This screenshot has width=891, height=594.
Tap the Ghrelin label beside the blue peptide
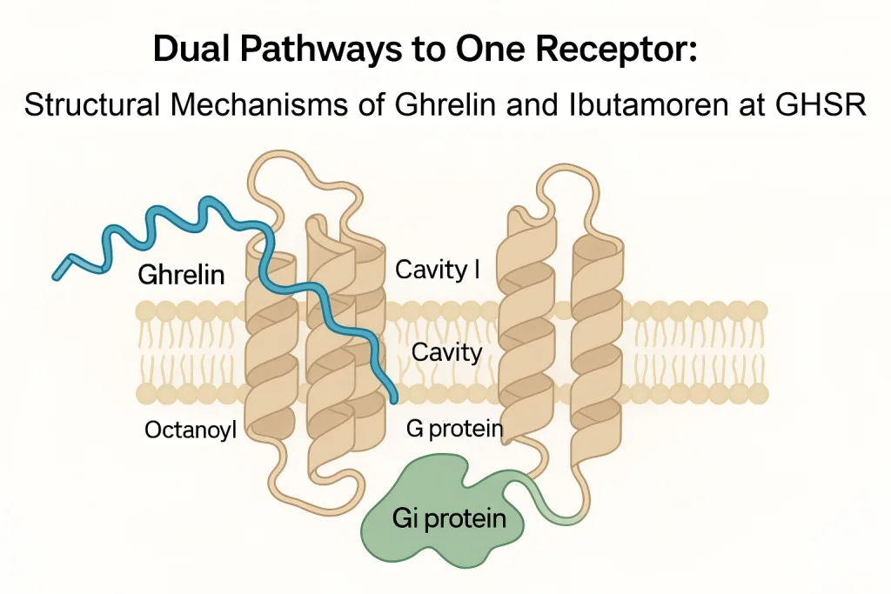[x=181, y=276]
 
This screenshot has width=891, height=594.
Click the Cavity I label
[x=438, y=270]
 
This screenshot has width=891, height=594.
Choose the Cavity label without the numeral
[x=446, y=352]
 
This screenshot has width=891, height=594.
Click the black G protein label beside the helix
[x=455, y=429]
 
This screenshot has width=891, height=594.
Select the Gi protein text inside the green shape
[x=448, y=519]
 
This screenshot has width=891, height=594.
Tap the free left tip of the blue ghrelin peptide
[x=58, y=273]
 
